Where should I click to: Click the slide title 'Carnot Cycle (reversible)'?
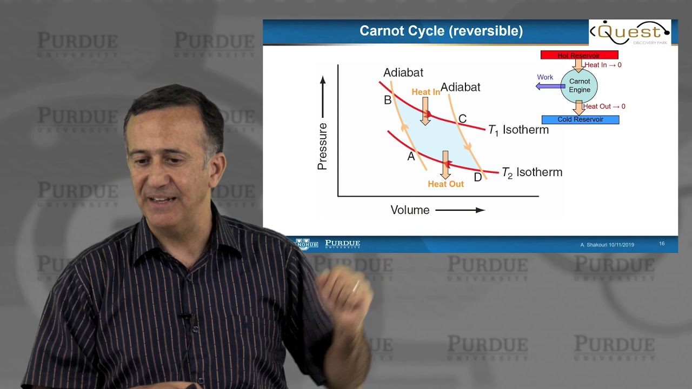(441, 31)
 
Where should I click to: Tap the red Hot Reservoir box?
(579, 55)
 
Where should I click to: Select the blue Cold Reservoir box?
(580, 119)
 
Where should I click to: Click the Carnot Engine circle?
(579, 85)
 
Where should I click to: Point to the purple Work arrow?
(550, 86)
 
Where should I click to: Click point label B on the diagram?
(388, 100)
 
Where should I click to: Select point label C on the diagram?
(462, 119)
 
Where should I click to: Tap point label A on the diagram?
(411, 156)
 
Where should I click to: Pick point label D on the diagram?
(478, 177)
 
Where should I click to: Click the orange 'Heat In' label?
(426, 92)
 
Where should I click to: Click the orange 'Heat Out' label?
(445, 184)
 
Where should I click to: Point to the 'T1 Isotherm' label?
(518, 130)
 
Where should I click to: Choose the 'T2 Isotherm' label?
(532, 172)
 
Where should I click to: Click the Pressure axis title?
(323, 146)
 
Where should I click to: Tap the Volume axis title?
(410, 210)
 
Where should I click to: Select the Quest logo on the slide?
(630, 32)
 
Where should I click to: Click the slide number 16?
(662, 244)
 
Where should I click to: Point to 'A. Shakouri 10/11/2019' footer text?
(607, 245)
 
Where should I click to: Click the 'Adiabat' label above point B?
(403, 72)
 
